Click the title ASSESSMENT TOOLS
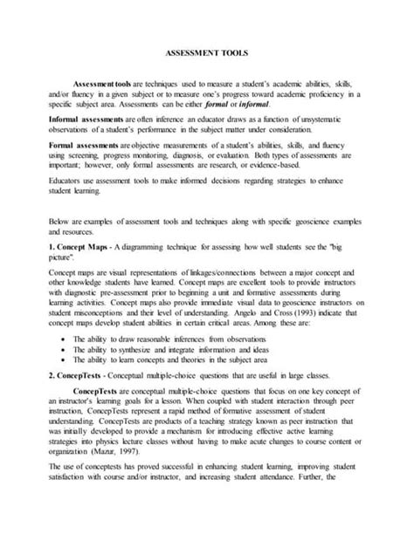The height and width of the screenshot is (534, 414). [206, 52]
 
